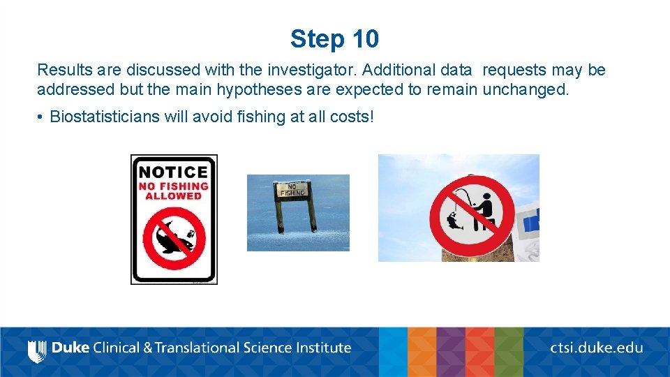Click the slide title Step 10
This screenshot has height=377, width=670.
[334, 39]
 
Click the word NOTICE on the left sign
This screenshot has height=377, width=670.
[174, 172]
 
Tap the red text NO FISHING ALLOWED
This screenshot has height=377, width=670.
[174, 191]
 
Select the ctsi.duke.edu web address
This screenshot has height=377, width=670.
[596, 347]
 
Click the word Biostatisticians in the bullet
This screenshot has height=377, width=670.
[105, 117]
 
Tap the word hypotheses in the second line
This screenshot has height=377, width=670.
[271, 90]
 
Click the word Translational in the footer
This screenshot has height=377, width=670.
[202, 347]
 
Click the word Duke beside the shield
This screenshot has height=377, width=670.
[70, 347]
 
